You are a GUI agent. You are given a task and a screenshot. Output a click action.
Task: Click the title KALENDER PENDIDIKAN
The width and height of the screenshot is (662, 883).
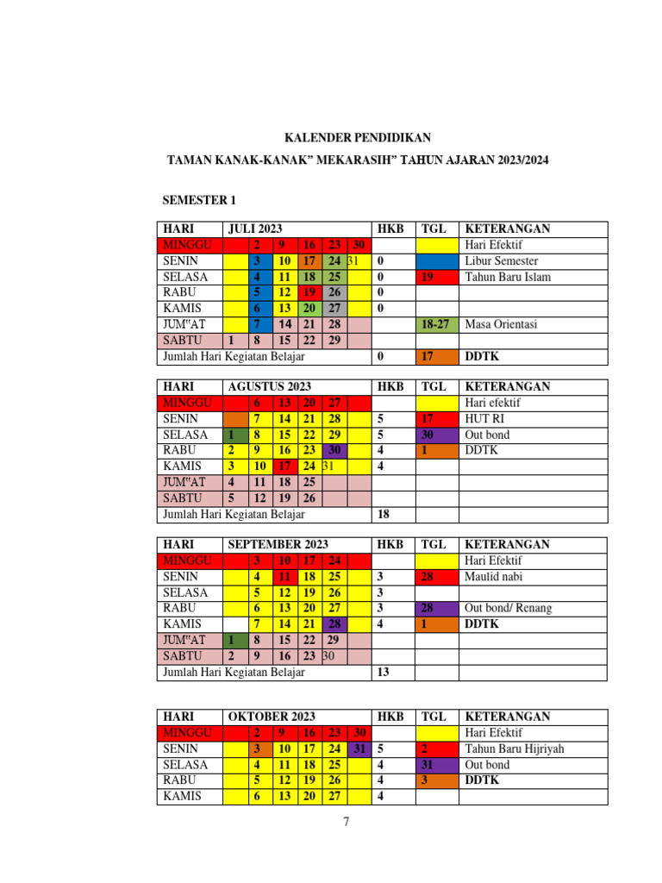[x=358, y=138]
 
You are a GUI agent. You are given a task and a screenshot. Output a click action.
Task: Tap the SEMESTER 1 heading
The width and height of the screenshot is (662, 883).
[x=199, y=201]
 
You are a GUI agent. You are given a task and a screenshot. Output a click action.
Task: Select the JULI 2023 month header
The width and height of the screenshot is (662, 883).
[x=255, y=229]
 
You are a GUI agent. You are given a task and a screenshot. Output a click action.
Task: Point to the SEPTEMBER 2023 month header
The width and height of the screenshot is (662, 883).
[x=278, y=545]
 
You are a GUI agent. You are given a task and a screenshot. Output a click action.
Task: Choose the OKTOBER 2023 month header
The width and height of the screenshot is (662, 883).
[x=272, y=717]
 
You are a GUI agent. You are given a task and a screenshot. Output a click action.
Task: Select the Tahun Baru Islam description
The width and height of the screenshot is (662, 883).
[x=507, y=277]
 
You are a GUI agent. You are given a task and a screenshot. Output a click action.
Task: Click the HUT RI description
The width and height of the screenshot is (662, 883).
[x=483, y=419]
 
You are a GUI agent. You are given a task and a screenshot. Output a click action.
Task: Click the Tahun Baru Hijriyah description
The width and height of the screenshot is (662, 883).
[x=514, y=748]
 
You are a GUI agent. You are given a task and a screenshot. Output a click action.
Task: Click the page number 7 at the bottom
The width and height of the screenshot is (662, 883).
[x=347, y=822]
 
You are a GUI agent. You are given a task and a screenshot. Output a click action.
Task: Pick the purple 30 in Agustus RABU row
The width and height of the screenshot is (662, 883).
[x=334, y=450]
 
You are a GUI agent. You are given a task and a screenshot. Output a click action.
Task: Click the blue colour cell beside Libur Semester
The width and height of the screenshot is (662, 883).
[x=437, y=260]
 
